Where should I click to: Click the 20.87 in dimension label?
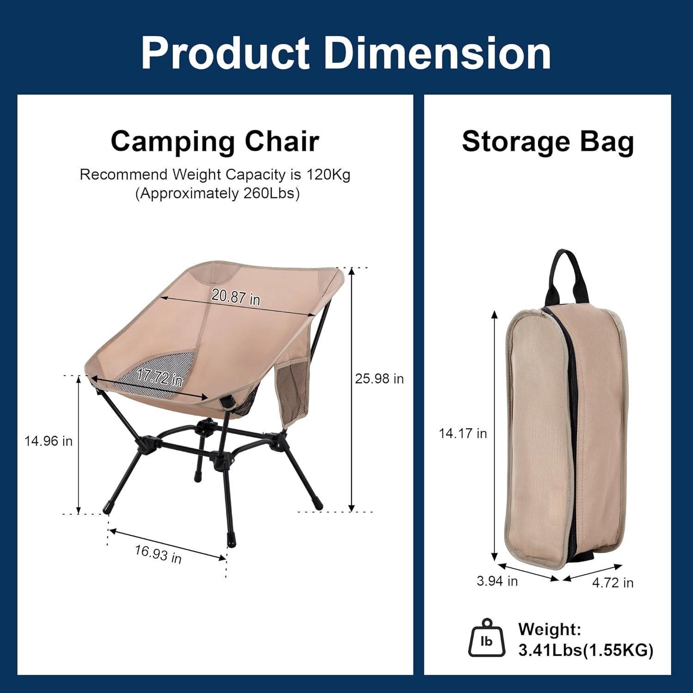click(236, 297)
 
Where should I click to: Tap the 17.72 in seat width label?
click(160, 378)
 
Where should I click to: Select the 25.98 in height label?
click(379, 379)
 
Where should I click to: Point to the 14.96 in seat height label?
click(49, 441)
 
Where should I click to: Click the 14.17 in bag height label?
click(463, 433)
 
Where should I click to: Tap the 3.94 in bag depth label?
click(497, 581)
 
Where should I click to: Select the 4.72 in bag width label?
click(613, 583)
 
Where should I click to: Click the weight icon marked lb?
click(486, 640)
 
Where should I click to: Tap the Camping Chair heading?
click(215, 141)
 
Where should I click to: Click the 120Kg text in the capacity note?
click(328, 175)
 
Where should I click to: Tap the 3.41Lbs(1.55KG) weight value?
click(586, 650)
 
